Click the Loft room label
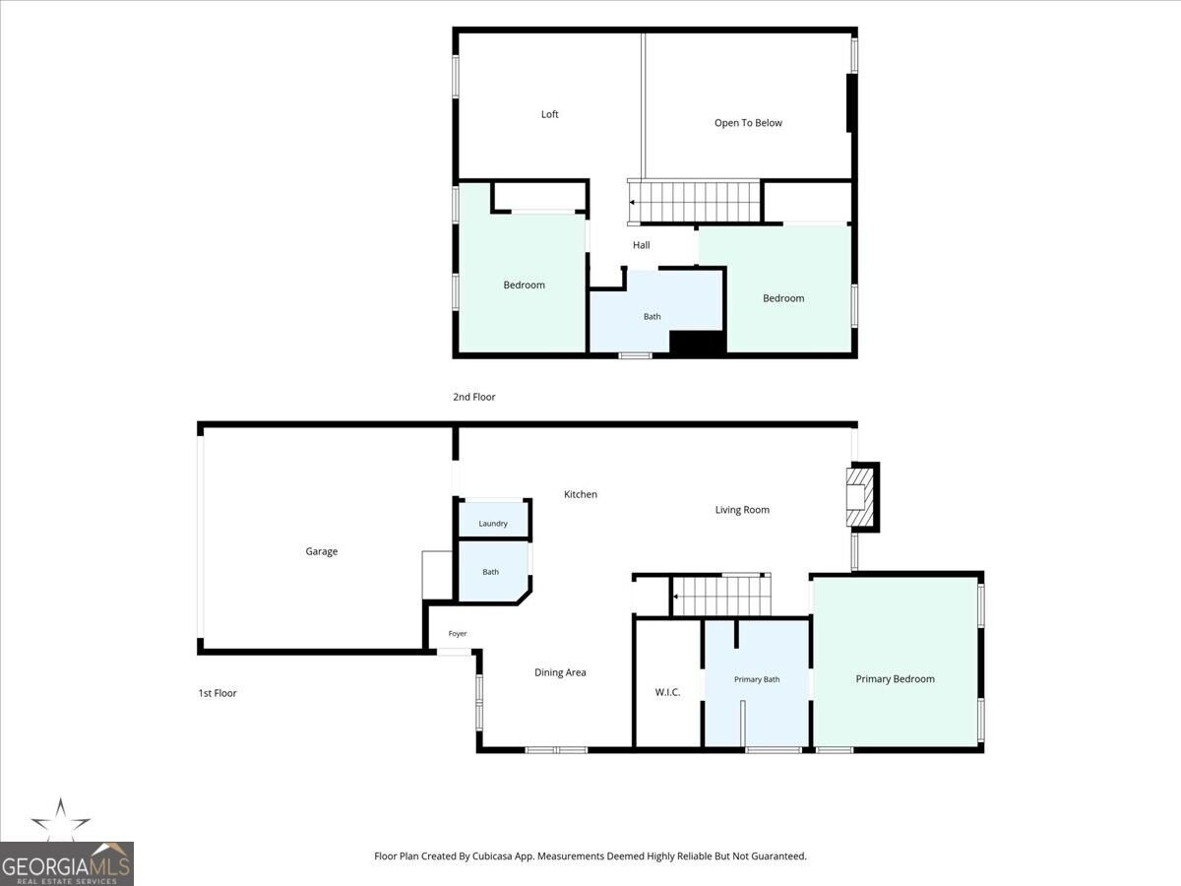pyautogui.click(x=549, y=114)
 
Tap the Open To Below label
pyautogui.click(x=748, y=123)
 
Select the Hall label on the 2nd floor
pyautogui.click(x=641, y=245)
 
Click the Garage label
pyautogui.click(x=321, y=551)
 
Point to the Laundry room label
pyautogui.click(x=493, y=524)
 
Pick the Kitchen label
pyautogui.click(x=580, y=494)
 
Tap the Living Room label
pyautogui.click(x=742, y=509)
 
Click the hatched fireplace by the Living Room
pyautogui.click(x=859, y=496)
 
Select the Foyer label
pyautogui.click(x=458, y=633)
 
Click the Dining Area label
pyautogui.click(x=560, y=672)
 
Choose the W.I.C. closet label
pyautogui.click(x=667, y=692)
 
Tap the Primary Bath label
pyautogui.click(x=757, y=679)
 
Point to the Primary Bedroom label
pyautogui.click(x=895, y=679)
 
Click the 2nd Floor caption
pyautogui.click(x=473, y=397)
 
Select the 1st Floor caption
pyautogui.click(x=218, y=693)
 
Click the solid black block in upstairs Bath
pyautogui.click(x=698, y=343)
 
